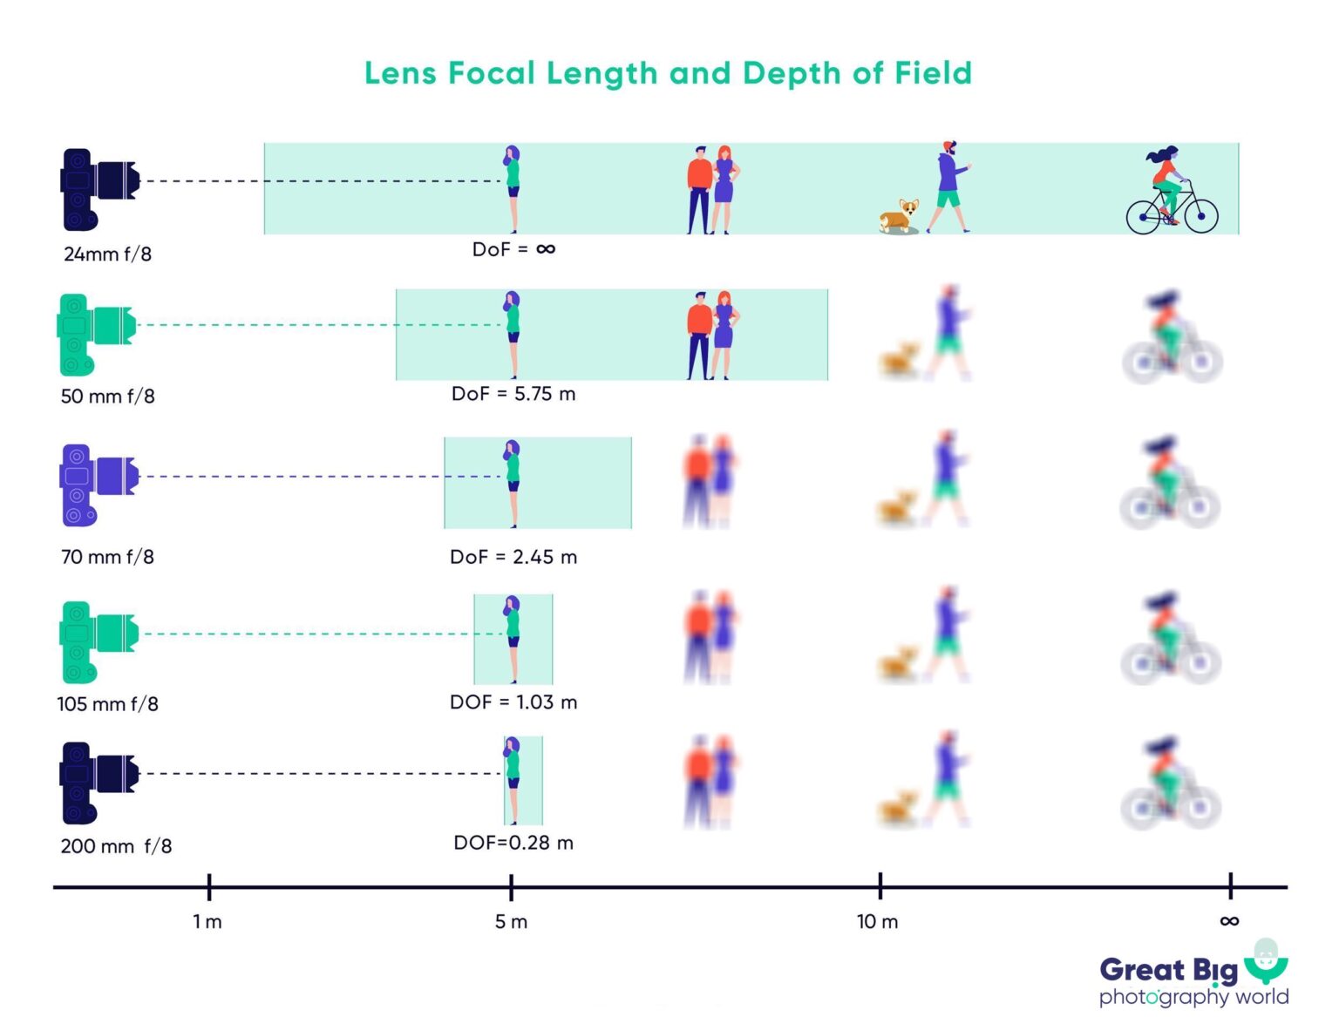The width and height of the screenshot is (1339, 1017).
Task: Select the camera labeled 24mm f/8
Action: [99, 188]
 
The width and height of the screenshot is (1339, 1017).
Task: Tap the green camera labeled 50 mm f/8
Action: [96, 334]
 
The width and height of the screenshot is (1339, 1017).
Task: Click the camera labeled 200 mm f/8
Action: [98, 782]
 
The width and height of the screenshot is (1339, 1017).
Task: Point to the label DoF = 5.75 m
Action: [513, 394]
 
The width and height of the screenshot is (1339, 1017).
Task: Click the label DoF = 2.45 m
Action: [513, 557]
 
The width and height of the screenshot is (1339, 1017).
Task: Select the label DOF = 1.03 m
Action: [513, 702]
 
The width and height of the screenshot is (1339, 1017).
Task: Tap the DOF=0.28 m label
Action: [513, 843]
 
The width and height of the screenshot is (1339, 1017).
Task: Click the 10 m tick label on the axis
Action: [877, 922]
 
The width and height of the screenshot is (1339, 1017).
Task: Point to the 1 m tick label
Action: [207, 922]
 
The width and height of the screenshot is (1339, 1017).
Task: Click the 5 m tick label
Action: [511, 922]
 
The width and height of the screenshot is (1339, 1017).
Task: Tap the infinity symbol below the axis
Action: [1229, 921]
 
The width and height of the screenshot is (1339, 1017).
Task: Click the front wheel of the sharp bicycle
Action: [1201, 215]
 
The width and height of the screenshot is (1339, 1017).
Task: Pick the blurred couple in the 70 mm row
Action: [710, 481]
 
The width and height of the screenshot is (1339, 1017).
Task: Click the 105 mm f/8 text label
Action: [107, 704]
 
